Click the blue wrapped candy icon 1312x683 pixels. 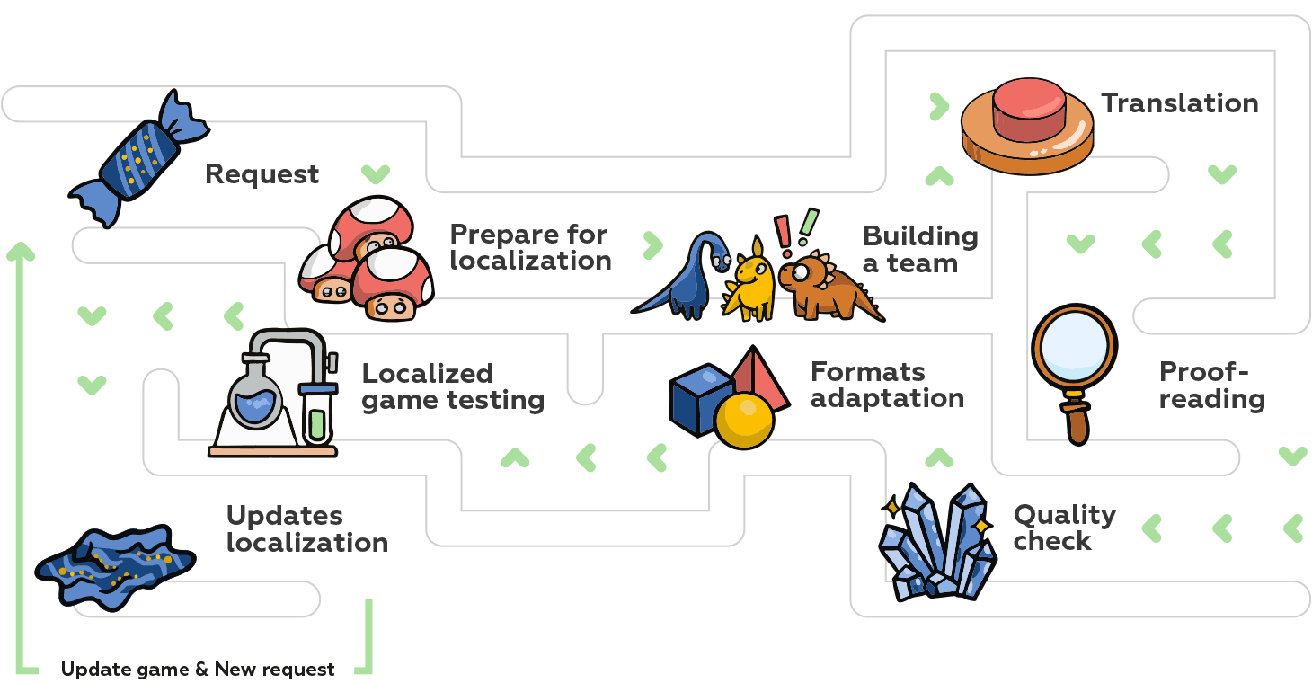tap(138, 159)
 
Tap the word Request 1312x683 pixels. tap(262, 173)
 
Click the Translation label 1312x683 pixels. tap(1179, 103)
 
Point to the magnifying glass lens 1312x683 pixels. tap(1074, 347)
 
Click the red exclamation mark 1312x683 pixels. tap(783, 231)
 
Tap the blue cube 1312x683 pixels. tap(699, 398)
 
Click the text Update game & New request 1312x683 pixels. tap(198, 670)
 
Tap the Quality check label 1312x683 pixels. tap(1064, 528)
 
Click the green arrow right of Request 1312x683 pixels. tap(376, 173)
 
